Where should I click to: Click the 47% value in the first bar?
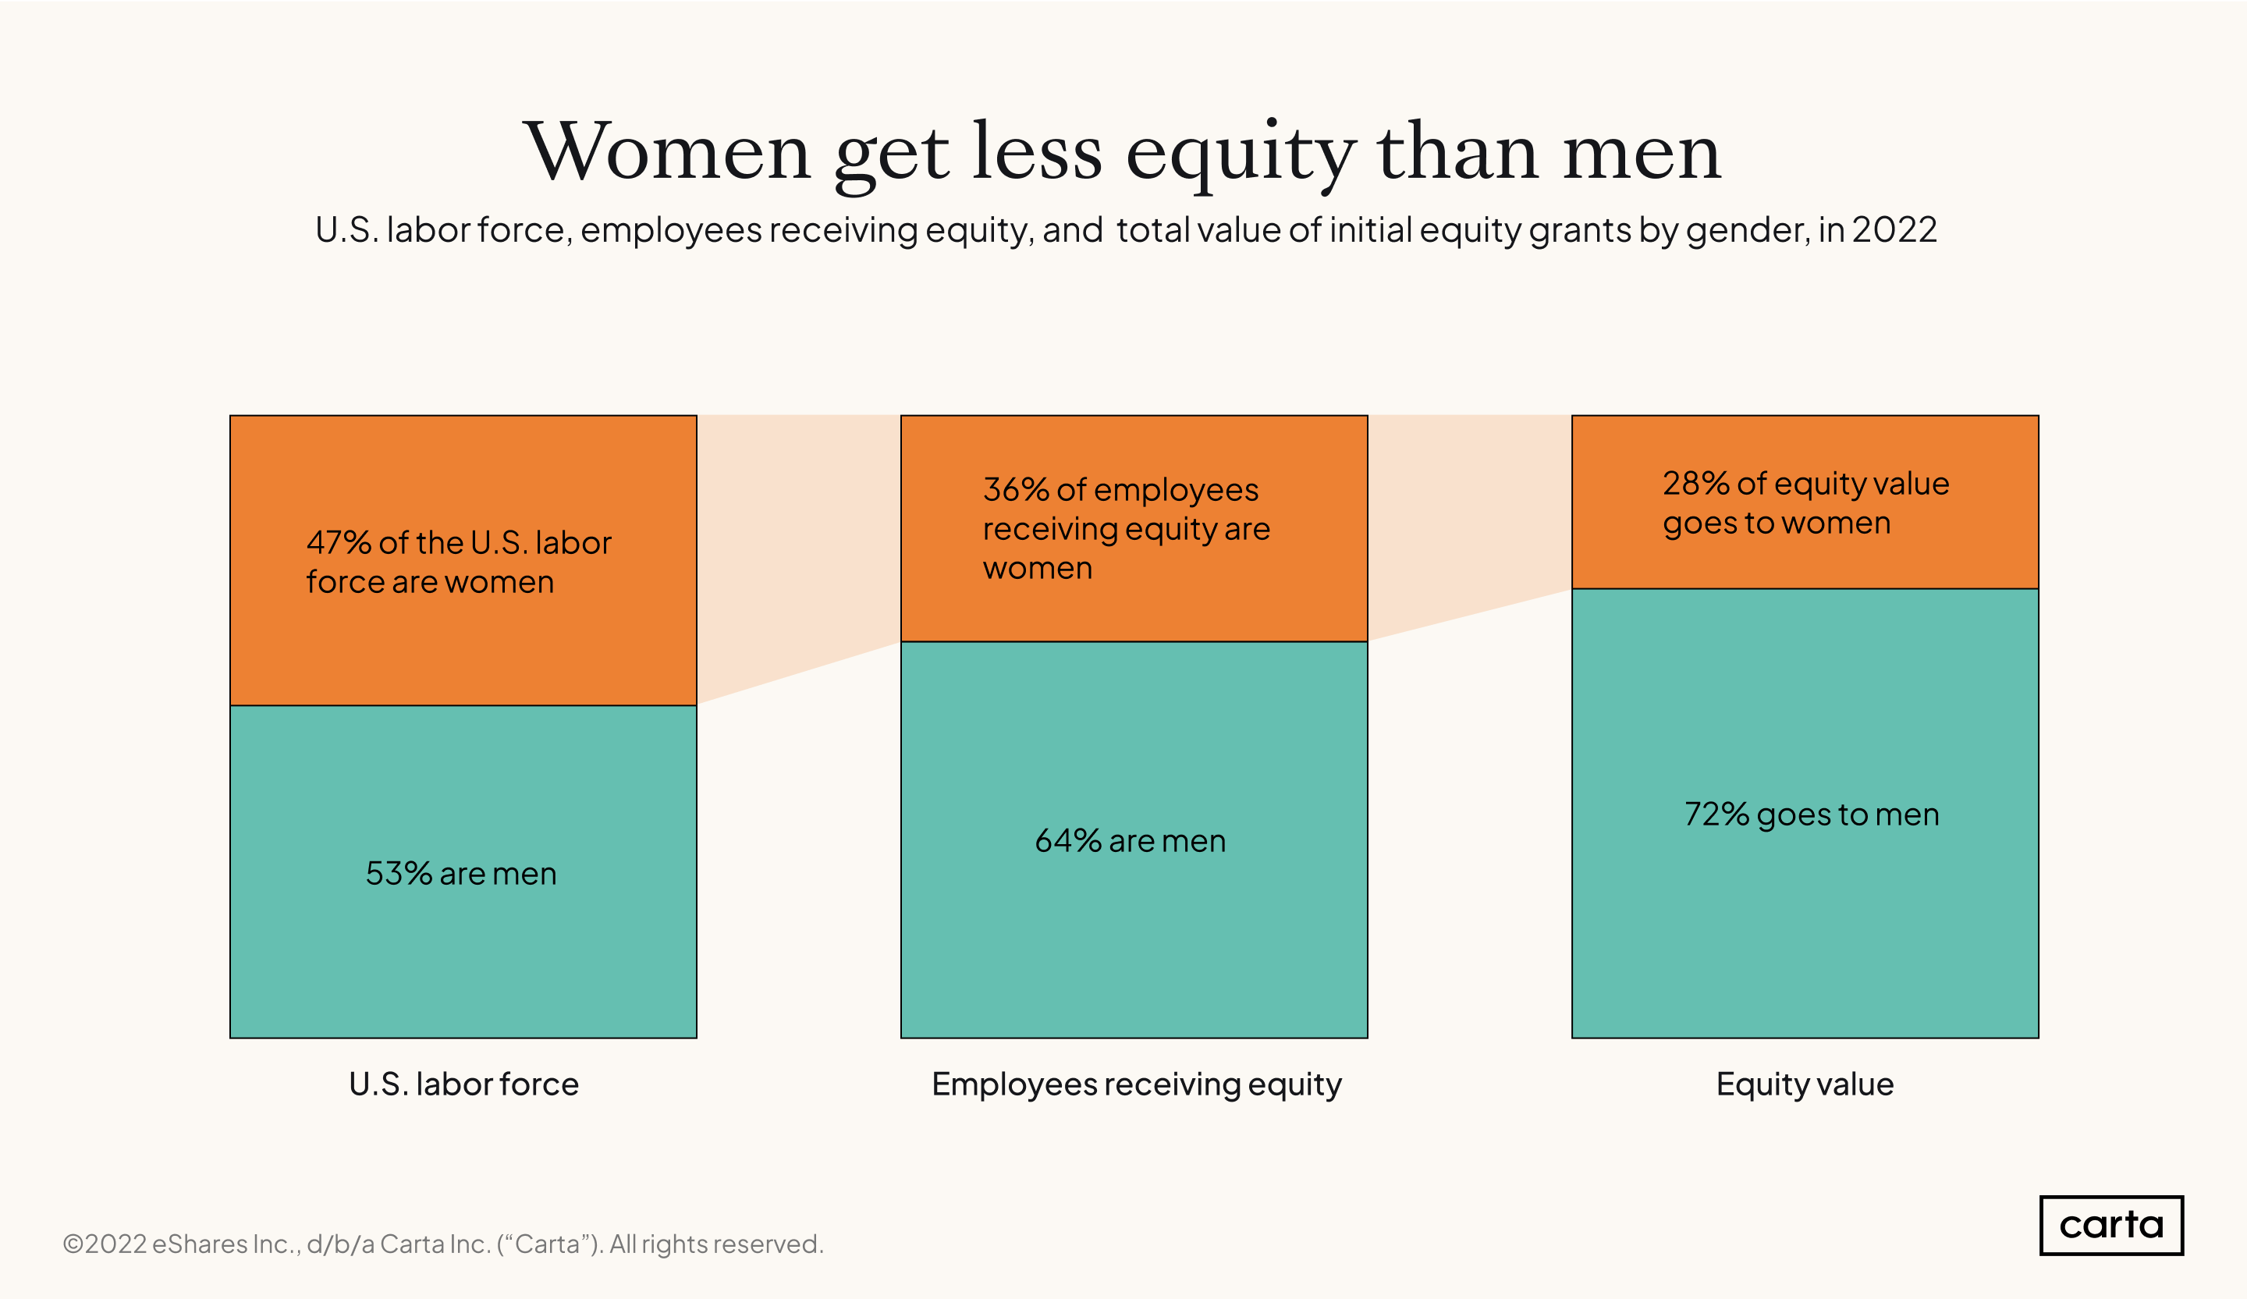coord(338,542)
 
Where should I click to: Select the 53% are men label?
coord(461,873)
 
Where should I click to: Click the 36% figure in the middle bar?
coord(1016,489)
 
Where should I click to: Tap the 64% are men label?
coord(1130,841)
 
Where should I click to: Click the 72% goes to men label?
coord(1811,814)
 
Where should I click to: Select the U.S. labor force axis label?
coord(463,1084)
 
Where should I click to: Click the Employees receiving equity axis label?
coord(1136,1084)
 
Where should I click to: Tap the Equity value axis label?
coord(1805,1084)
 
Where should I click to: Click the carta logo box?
coord(2110,1225)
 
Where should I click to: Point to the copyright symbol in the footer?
coord(73,1244)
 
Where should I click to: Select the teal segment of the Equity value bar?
coord(1805,936)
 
